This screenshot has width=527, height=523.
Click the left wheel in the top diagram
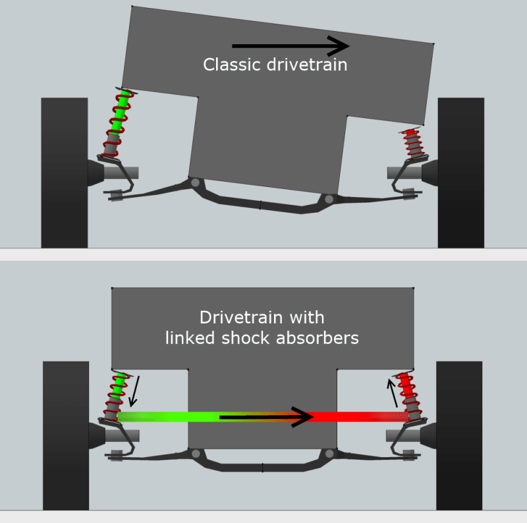click(x=64, y=173)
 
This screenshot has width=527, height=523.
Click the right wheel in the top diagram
click(x=460, y=173)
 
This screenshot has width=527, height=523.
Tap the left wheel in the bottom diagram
click(x=65, y=435)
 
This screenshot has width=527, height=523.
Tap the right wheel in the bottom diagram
click(x=459, y=435)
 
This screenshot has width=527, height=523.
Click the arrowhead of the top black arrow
click(x=340, y=46)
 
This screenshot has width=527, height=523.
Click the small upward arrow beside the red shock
click(x=393, y=392)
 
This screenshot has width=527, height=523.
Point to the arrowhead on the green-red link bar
click(x=303, y=417)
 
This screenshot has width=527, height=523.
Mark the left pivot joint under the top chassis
click(x=194, y=182)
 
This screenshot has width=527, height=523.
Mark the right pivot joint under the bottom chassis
click(x=329, y=454)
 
